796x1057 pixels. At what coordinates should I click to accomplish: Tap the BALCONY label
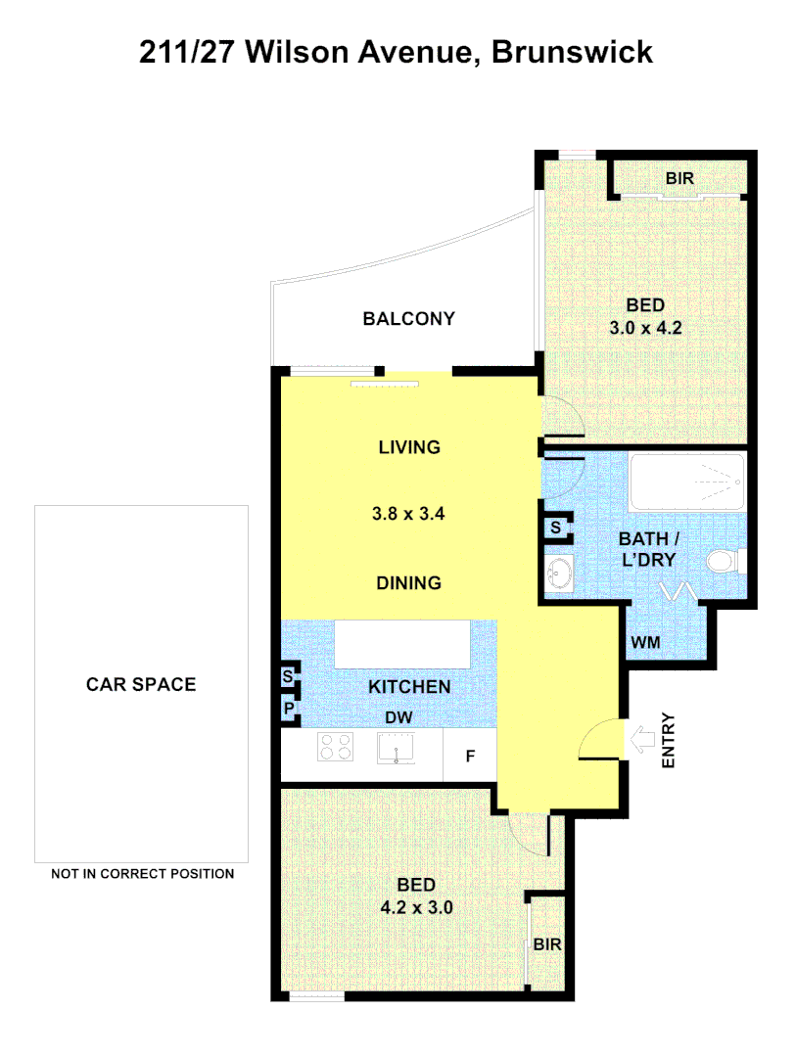coord(408,318)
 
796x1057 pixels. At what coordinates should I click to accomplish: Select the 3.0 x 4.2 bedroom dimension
coord(645,328)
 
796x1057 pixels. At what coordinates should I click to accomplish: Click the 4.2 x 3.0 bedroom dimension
coord(416,907)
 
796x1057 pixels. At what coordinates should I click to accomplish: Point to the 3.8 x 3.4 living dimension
coord(409,513)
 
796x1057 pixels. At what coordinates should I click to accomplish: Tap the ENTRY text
coord(670,742)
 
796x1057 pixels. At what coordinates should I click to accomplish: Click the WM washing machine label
coord(645,642)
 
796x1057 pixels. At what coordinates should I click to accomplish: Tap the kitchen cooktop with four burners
coord(335,749)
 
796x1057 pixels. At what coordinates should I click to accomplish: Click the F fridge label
coord(470,757)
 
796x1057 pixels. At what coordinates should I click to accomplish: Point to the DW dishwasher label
coord(398,717)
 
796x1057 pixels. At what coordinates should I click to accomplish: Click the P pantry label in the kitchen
coord(289,708)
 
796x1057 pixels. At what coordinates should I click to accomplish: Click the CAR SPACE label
coord(141,684)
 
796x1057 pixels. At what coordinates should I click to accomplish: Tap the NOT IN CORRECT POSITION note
coord(143,874)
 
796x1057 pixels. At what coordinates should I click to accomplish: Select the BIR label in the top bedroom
coord(680,178)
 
